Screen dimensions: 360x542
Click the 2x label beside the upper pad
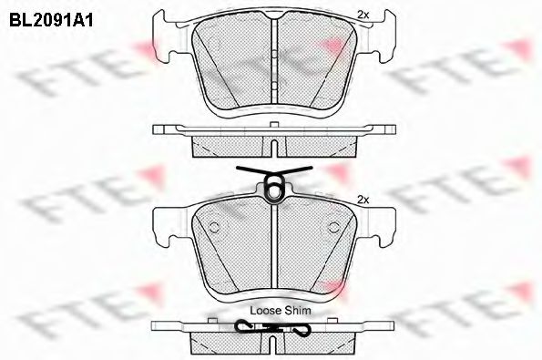click(363, 15)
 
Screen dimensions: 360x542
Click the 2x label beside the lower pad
click(363, 199)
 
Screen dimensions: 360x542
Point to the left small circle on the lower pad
click(215, 228)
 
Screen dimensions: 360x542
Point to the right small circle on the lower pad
click(331, 228)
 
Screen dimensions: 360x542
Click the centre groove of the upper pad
click(273, 64)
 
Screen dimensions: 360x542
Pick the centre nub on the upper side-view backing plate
click(273, 127)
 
